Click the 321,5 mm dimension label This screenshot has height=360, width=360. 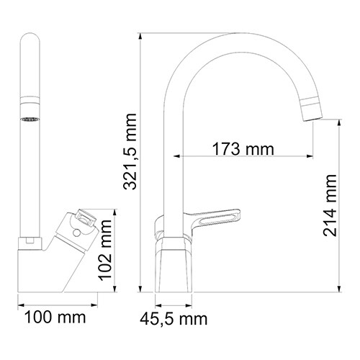click(x=130, y=159)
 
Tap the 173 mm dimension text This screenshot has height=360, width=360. click(x=243, y=150)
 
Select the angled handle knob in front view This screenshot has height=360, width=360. click(x=81, y=224)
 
